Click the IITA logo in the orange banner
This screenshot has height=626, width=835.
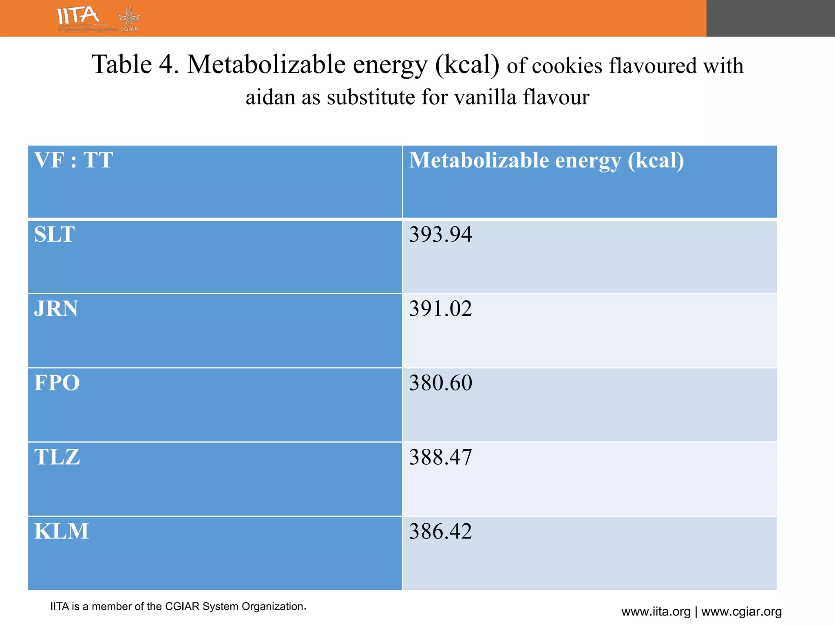click(x=79, y=16)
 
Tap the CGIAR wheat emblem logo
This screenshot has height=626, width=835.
click(x=129, y=18)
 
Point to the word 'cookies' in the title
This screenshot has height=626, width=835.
click(x=567, y=66)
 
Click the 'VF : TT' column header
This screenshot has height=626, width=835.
click(x=73, y=160)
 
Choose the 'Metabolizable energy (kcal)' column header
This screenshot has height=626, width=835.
click(x=546, y=161)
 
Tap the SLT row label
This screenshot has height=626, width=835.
click(x=54, y=234)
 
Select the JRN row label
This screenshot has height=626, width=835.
click(x=56, y=309)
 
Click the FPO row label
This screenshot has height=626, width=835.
click(x=57, y=383)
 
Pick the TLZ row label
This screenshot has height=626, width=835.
click(x=57, y=457)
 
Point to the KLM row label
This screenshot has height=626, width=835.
click(x=61, y=531)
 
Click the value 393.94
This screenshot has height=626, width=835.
click(x=440, y=234)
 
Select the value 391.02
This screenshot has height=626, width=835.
click(x=440, y=309)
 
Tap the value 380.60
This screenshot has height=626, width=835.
click(x=440, y=383)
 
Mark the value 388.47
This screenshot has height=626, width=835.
click(x=440, y=457)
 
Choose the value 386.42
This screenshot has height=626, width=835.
click(x=440, y=531)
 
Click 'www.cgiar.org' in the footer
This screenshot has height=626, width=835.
click(x=741, y=612)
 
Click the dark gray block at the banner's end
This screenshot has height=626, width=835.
click(x=771, y=18)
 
